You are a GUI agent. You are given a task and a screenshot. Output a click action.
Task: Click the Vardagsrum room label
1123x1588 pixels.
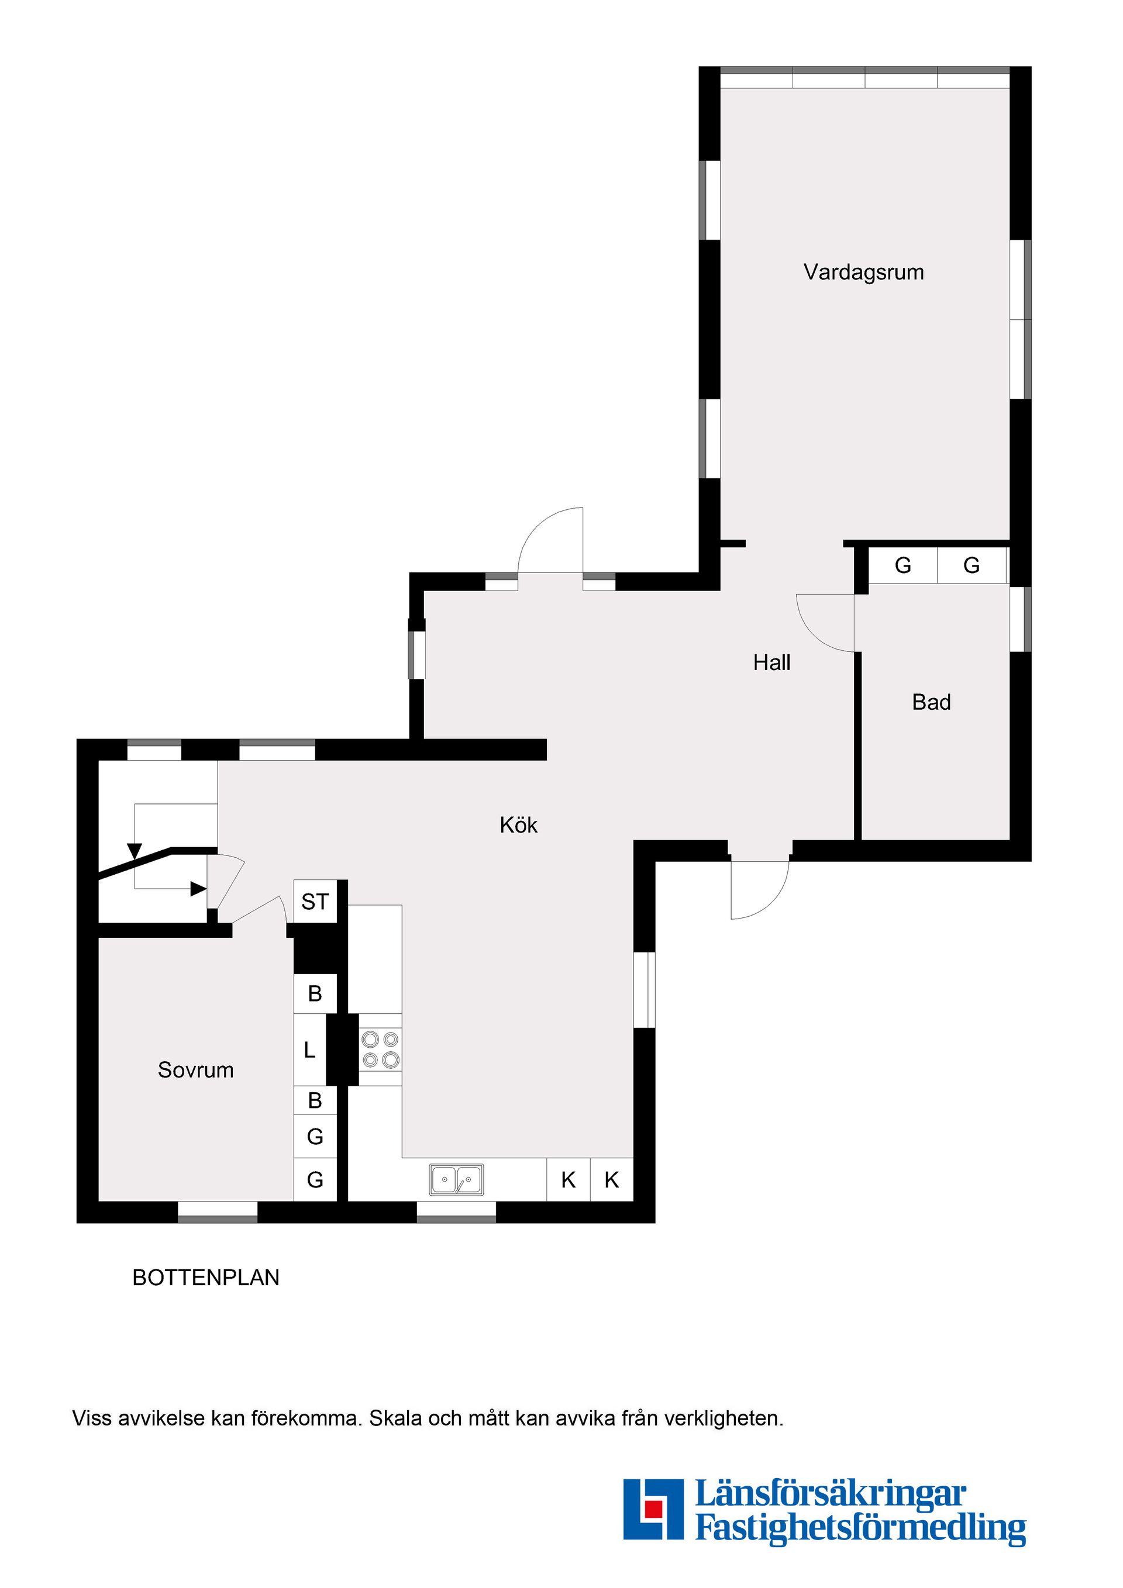(863, 272)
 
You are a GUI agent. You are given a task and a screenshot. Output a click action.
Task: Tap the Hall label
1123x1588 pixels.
(771, 662)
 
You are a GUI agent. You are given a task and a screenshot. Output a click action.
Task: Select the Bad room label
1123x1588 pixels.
(931, 702)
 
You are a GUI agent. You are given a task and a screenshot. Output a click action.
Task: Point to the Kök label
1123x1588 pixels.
(518, 824)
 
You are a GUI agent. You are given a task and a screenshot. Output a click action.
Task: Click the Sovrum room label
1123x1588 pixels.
(195, 1070)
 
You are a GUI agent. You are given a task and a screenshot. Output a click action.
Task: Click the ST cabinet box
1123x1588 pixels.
(315, 902)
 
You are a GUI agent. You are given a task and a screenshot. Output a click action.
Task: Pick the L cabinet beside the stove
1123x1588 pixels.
(309, 1050)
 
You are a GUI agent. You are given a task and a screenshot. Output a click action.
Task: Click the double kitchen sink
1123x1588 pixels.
(456, 1179)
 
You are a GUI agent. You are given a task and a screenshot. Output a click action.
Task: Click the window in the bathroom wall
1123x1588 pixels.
(1020, 619)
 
